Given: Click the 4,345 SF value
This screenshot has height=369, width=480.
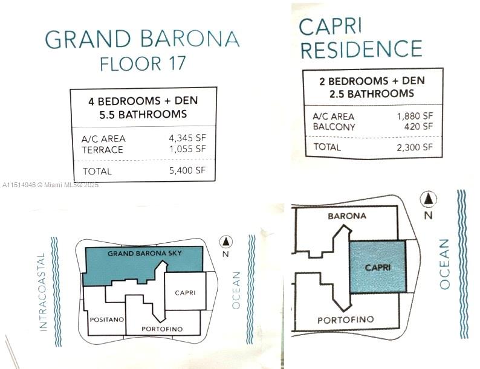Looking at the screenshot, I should click(x=187, y=138).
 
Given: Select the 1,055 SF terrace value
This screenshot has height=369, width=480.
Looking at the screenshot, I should click(x=187, y=149).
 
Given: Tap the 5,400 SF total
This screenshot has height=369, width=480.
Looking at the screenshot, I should click(x=187, y=171).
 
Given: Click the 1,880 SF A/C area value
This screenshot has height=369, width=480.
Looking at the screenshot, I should click(x=414, y=116).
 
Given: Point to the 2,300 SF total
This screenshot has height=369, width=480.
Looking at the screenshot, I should click(x=414, y=146).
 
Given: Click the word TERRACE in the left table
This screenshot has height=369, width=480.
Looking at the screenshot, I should click(x=102, y=149).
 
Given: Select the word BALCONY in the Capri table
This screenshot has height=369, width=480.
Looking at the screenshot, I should click(x=334, y=127).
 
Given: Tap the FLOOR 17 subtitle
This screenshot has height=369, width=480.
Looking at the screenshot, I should click(x=142, y=63).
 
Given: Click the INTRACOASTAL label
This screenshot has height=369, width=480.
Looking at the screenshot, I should click(x=42, y=292).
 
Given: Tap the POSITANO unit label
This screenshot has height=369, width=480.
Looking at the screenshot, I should click(x=106, y=318).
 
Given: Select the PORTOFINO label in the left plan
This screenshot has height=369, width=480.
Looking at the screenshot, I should click(x=161, y=329).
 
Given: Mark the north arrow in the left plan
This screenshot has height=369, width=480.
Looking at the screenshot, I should click(x=226, y=242).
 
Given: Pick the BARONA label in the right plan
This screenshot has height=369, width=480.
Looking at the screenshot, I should click(x=346, y=215).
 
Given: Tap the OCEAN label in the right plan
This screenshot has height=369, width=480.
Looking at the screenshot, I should click(x=446, y=263).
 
